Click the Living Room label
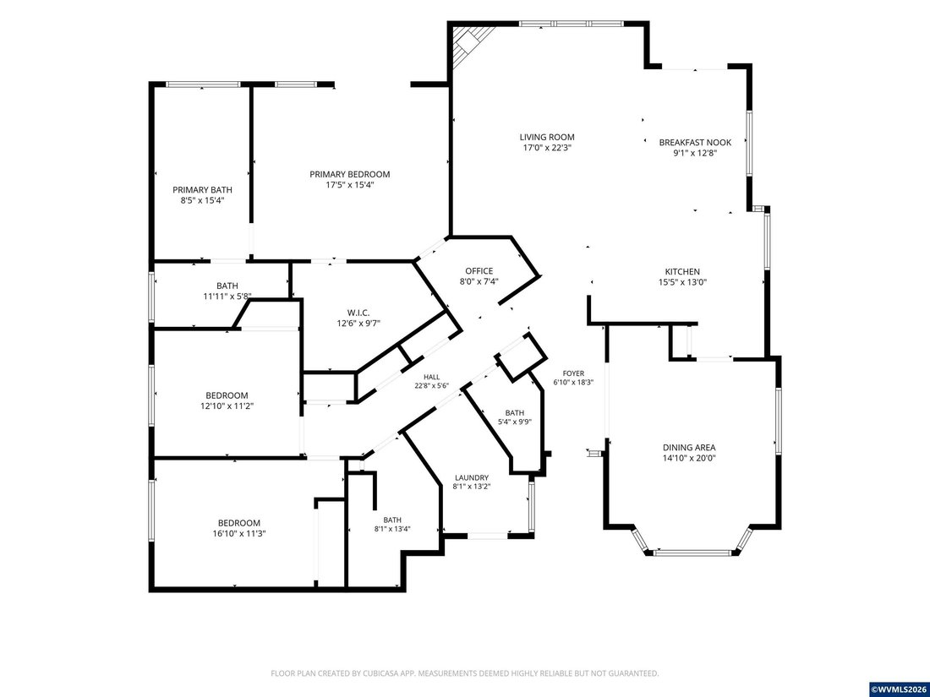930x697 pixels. tap(547, 137)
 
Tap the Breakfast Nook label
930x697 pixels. tap(695, 142)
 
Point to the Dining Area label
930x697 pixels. tap(689, 448)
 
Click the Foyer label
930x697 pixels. tap(573, 373)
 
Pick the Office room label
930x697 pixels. tap(479, 271)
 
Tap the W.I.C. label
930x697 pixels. tap(358, 313)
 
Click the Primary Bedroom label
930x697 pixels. tap(350, 174)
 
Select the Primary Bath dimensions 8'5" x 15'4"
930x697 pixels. tap(202, 200)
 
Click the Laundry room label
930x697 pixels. tap(472, 477)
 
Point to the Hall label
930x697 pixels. tap(432, 377)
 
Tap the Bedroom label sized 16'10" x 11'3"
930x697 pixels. tap(239, 523)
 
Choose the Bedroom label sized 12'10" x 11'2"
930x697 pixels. tap(227, 395)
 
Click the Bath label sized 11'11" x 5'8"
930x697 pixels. tap(227, 286)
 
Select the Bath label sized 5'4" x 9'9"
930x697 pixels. tap(515, 413)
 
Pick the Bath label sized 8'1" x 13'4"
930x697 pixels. tap(392, 520)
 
